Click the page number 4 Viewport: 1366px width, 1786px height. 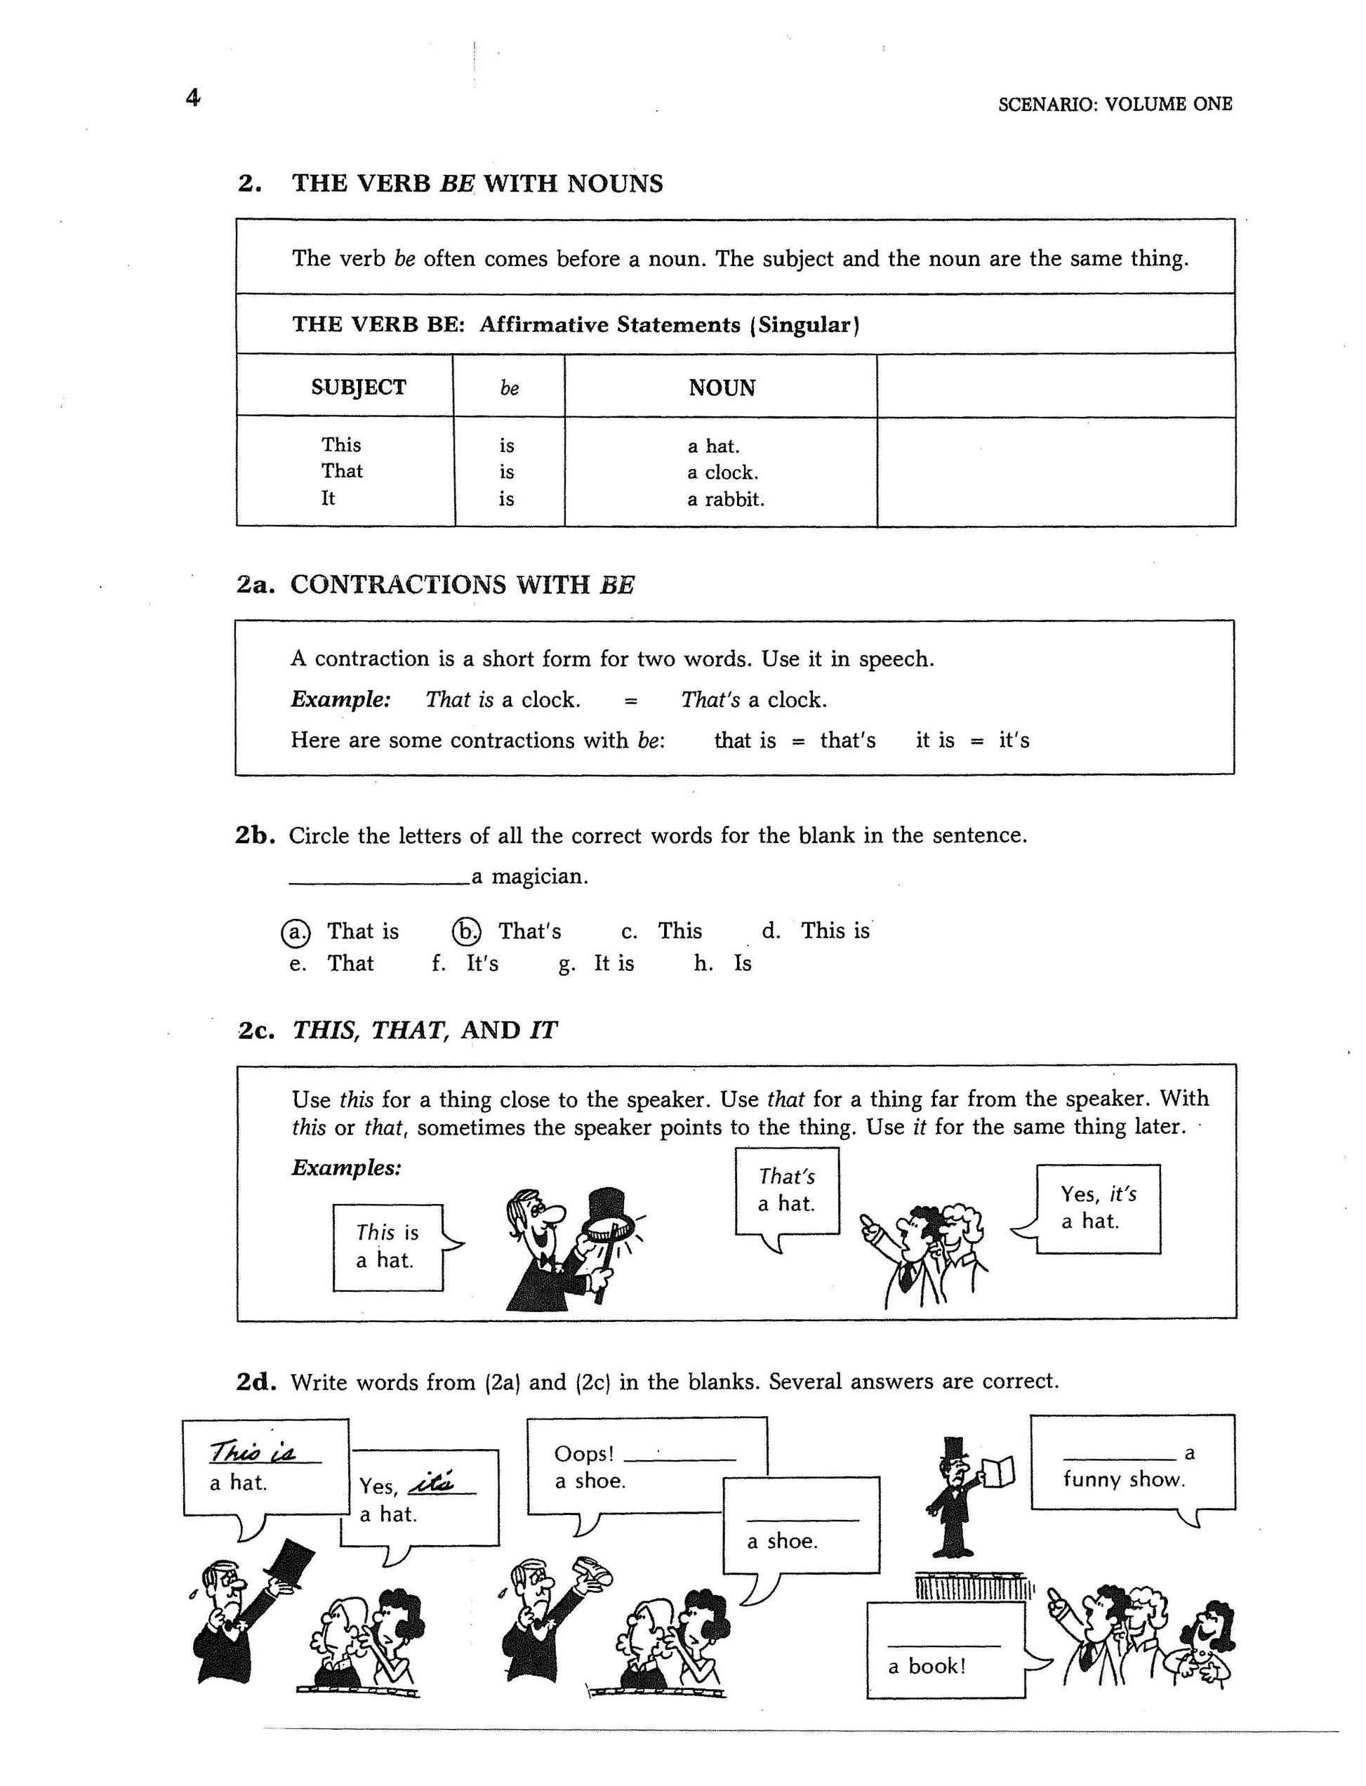tap(193, 98)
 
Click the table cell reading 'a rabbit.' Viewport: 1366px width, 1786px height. tap(725, 498)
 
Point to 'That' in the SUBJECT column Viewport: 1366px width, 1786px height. tap(341, 471)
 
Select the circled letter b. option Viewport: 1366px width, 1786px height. tap(467, 931)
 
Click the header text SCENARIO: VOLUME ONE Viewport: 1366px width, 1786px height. tap(1115, 104)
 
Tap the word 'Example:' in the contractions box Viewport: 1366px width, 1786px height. tap(340, 699)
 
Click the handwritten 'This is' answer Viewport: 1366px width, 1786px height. tap(253, 1451)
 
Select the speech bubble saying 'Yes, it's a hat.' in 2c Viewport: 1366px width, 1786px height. tap(1098, 1208)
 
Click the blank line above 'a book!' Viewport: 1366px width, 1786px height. tap(943, 1646)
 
